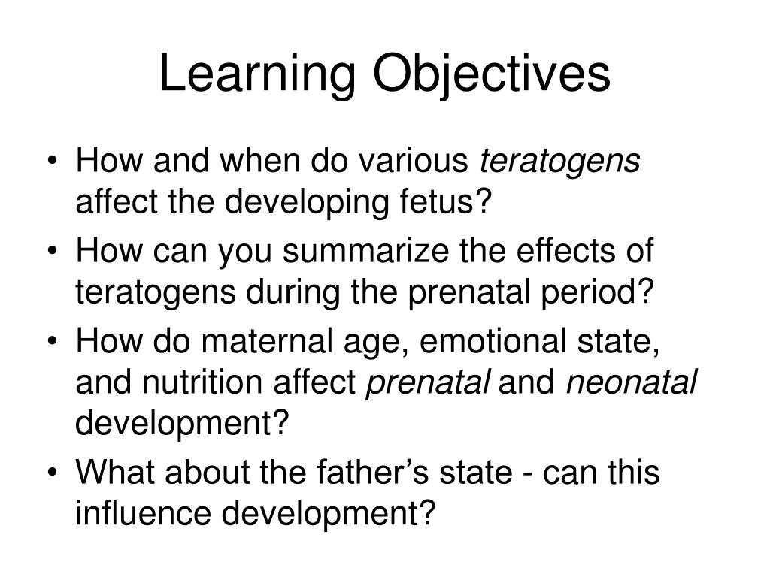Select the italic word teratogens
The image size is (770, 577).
click(x=560, y=161)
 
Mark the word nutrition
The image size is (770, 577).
click(x=200, y=383)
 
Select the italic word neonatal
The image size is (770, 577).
click(x=632, y=383)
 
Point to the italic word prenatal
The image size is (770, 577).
click(x=428, y=383)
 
